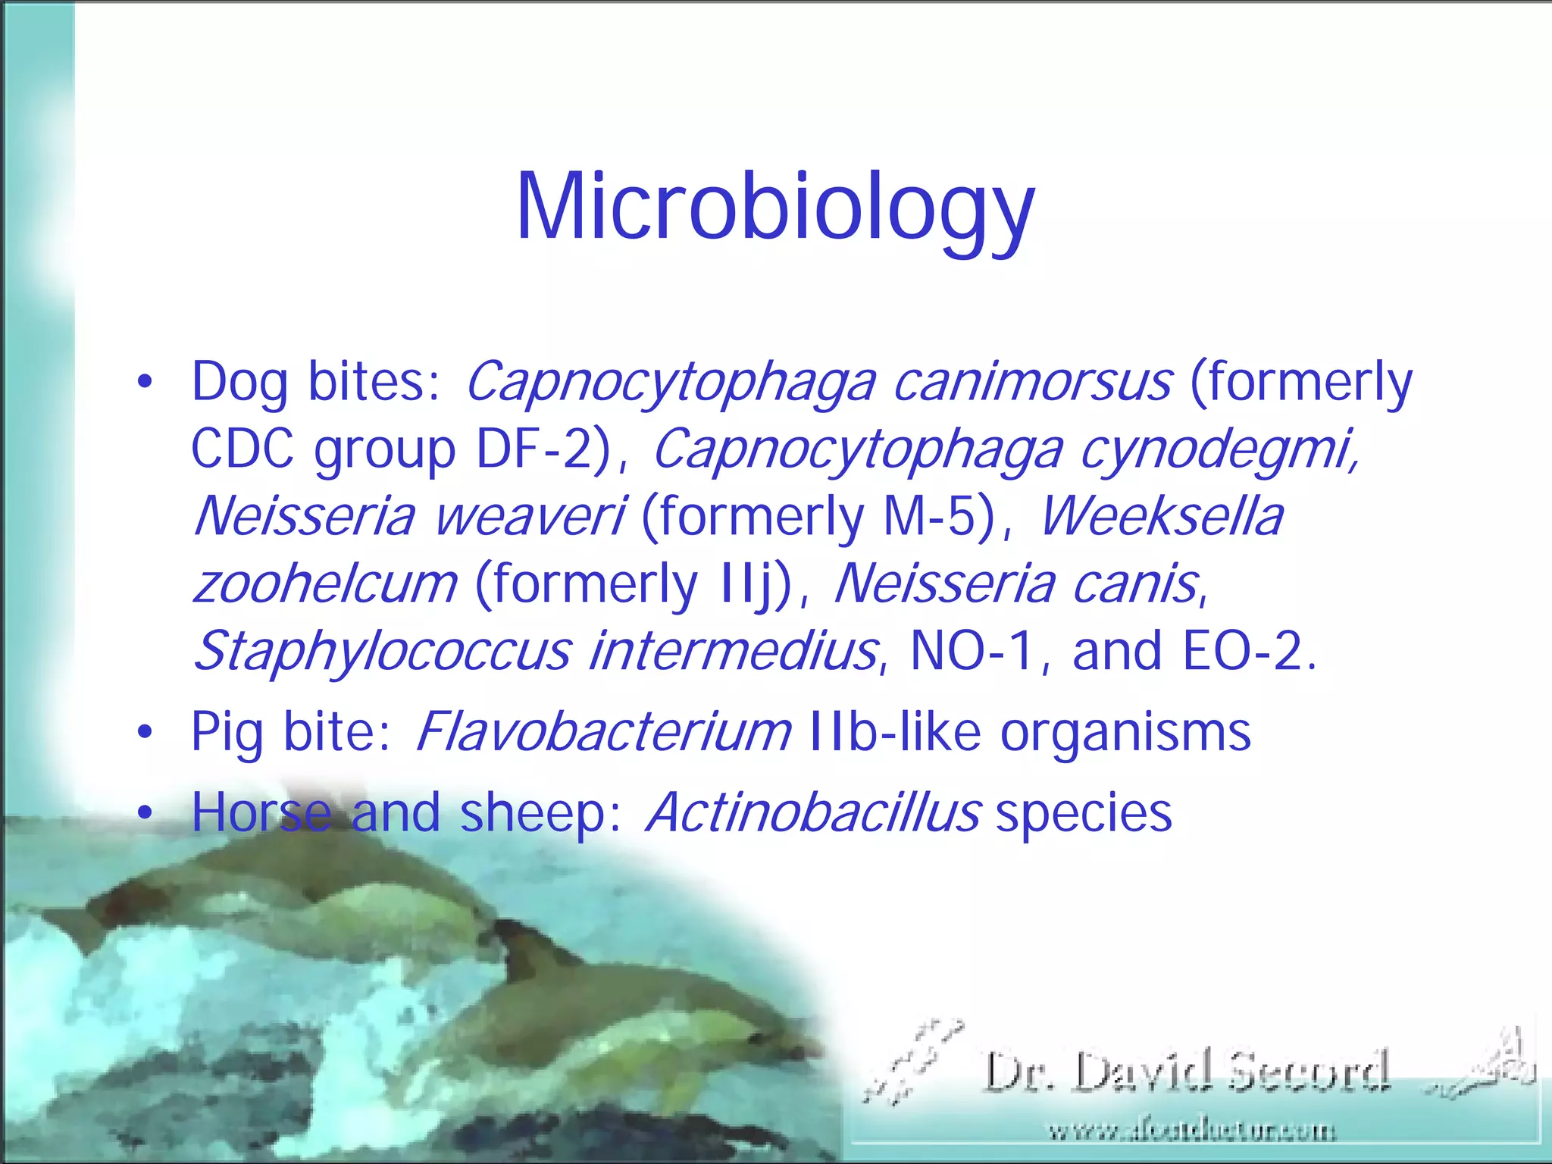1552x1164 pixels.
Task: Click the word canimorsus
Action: click(x=1032, y=382)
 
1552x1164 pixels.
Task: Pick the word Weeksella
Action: click(x=1161, y=516)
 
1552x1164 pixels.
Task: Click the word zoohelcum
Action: click(x=326, y=584)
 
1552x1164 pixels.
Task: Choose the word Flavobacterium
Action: click(x=603, y=732)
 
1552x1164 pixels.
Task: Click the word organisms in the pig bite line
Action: click(x=1125, y=732)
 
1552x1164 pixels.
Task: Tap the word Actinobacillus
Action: click(x=813, y=812)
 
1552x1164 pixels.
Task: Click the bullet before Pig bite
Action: click(x=145, y=733)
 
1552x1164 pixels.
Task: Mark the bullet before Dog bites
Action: click(x=145, y=382)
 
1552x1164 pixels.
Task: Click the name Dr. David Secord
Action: click(x=1187, y=1072)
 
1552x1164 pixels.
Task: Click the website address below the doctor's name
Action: click(x=1191, y=1131)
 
